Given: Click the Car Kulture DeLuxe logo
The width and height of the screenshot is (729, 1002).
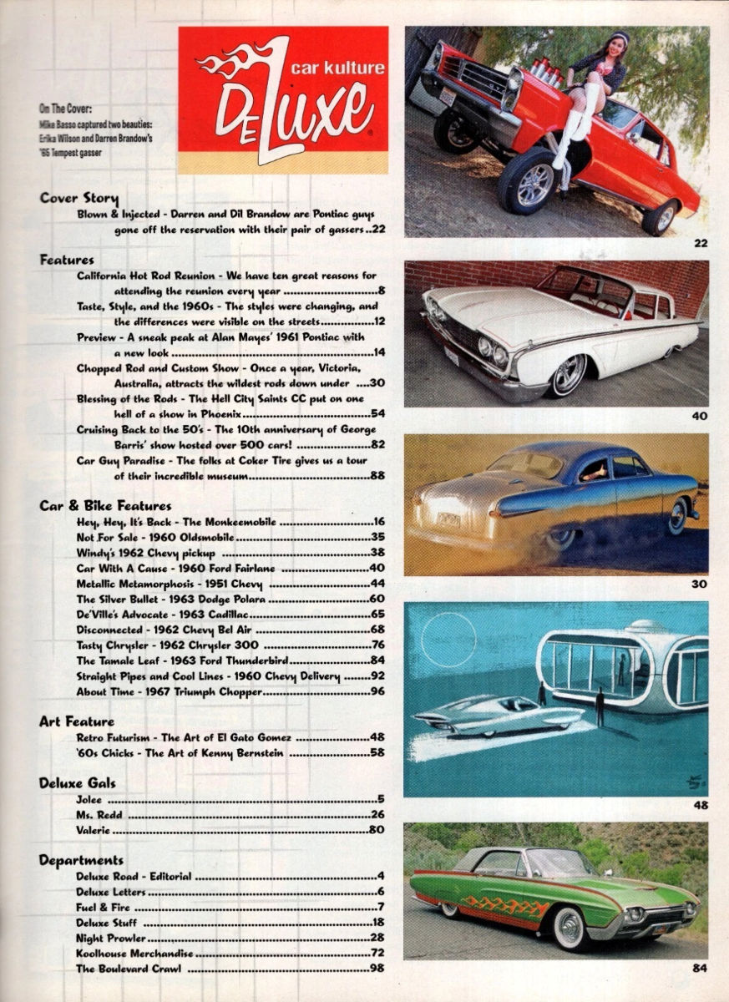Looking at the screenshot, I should [282, 99].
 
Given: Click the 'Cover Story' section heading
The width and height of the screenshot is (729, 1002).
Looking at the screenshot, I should [78, 199].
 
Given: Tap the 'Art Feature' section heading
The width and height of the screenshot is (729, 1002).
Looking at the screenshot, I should [77, 721].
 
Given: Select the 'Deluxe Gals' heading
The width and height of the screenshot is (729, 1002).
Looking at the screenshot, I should [78, 782].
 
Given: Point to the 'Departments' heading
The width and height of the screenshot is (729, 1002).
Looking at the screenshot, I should [81, 860].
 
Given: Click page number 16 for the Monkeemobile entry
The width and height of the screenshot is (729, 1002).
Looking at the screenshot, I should [378, 522].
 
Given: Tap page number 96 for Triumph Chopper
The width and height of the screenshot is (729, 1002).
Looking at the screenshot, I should [378, 692].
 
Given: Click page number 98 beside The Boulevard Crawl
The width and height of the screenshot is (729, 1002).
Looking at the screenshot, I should [378, 969].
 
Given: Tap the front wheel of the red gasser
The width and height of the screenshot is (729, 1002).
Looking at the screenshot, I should [534, 184].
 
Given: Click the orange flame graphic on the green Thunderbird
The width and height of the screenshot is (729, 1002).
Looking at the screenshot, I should [506, 905].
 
